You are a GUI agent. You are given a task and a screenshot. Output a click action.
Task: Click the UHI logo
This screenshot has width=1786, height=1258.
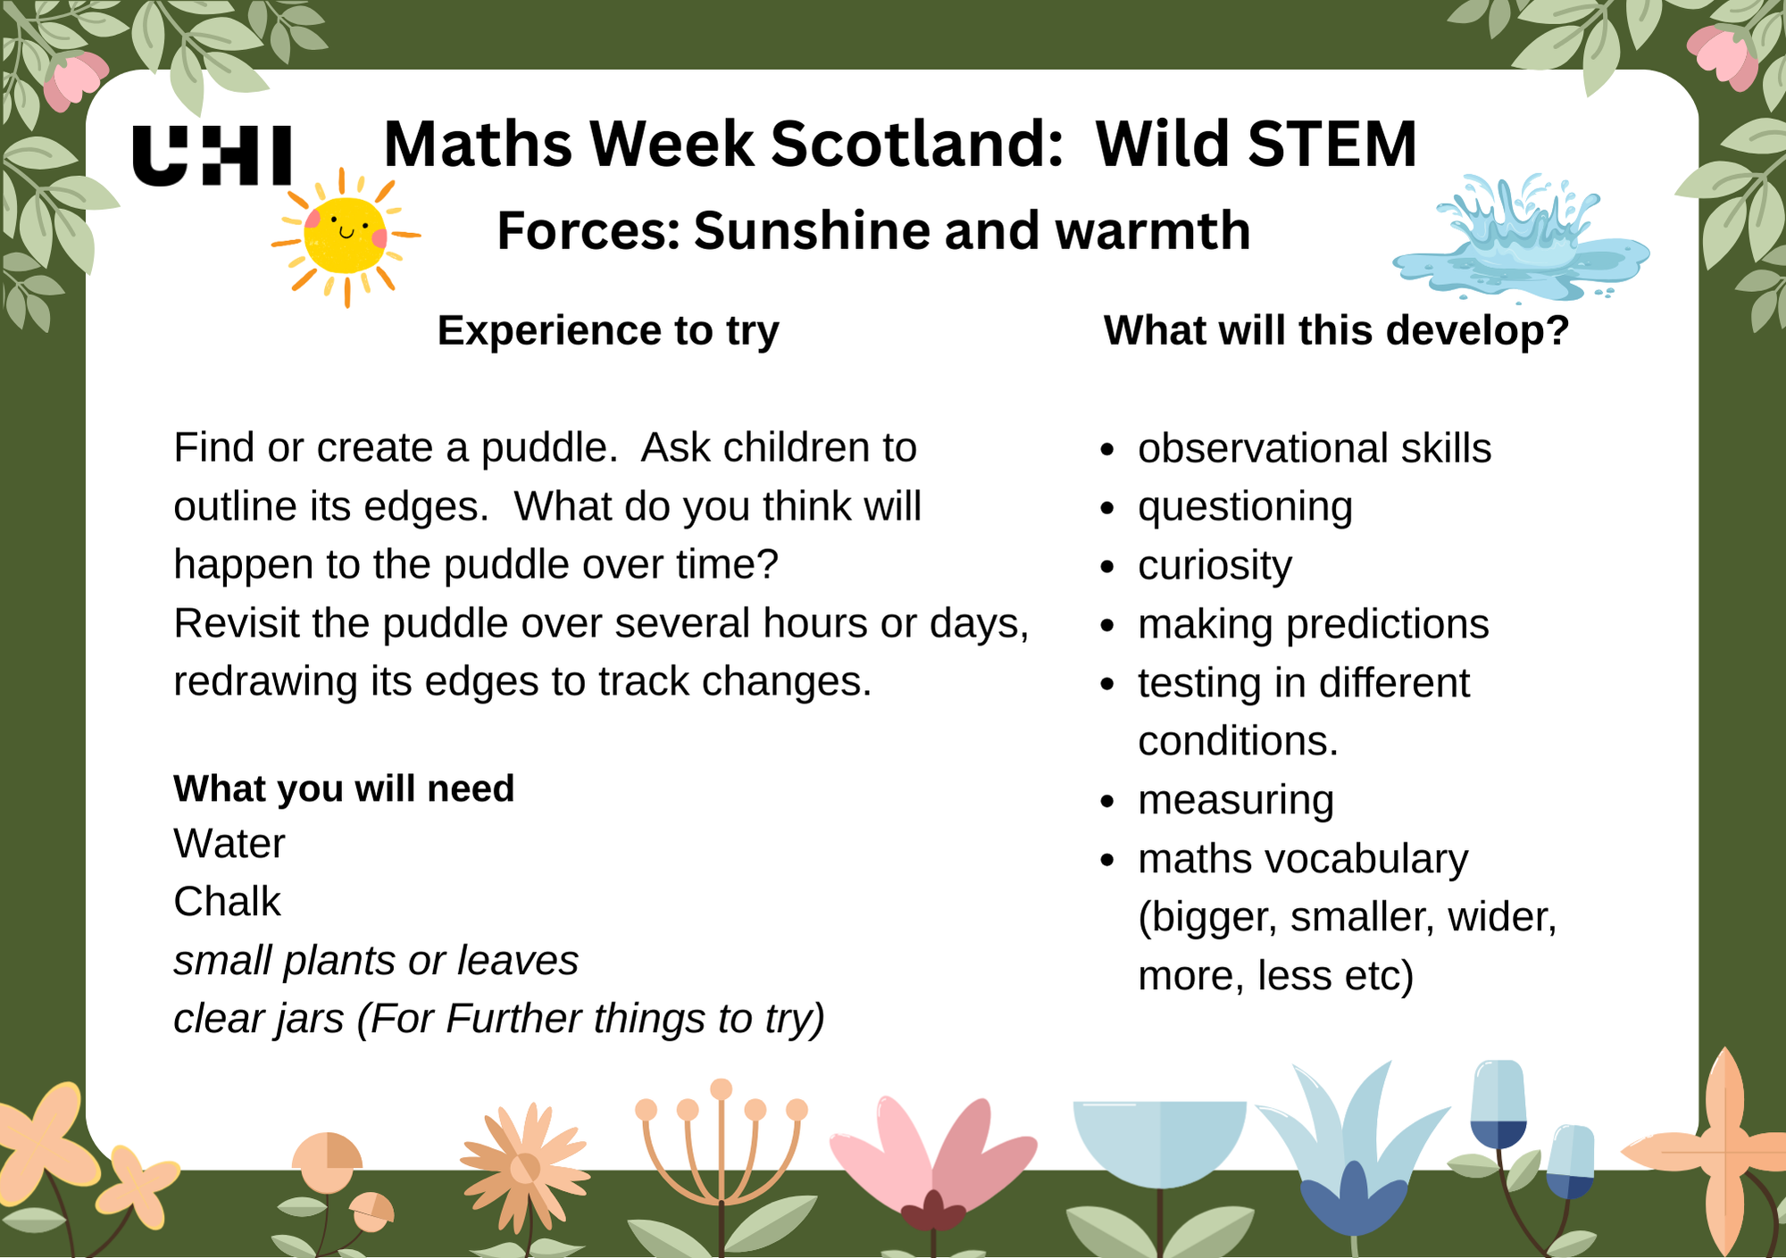pyautogui.click(x=212, y=155)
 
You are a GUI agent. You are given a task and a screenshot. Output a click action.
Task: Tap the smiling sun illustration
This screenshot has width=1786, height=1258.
pyautogui.click(x=346, y=237)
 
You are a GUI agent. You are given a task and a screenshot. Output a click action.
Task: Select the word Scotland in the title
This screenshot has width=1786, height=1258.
pyautogui.click(x=917, y=144)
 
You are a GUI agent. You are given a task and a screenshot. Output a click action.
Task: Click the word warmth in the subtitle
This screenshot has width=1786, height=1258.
pyautogui.click(x=1152, y=230)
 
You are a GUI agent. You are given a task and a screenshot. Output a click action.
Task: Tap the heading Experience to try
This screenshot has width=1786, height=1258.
pyautogui.click(x=607, y=330)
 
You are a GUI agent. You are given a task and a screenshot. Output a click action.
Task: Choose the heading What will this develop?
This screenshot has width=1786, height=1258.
pyautogui.click(x=1336, y=330)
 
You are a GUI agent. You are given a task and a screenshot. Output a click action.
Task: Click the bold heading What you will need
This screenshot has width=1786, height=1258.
pyautogui.click(x=344, y=788)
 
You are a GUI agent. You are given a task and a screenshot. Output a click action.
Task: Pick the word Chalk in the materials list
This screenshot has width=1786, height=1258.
pyautogui.click(x=227, y=902)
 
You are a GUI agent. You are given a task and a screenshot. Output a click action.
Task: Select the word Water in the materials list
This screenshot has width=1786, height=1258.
pyautogui.click(x=230, y=844)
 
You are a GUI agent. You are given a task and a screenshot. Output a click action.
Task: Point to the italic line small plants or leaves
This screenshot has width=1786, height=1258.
pyautogui.click(x=376, y=961)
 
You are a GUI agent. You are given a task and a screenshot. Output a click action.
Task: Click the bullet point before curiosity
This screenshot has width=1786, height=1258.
pyautogui.click(x=1107, y=567)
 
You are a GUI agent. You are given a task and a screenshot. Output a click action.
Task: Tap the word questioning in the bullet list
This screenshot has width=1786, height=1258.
pyautogui.click(x=1245, y=507)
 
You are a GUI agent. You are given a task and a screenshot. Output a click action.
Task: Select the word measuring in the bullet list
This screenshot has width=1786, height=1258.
pyautogui.click(x=1236, y=800)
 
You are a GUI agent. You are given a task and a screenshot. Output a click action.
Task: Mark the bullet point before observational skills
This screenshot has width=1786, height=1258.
pyautogui.click(x=1107, y=450)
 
